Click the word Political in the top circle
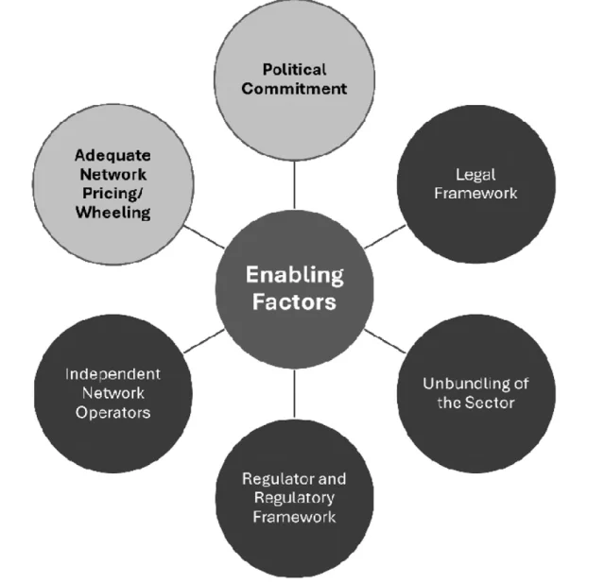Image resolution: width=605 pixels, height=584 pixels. (x=294, y=69)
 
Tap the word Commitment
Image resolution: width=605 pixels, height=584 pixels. (x=294, y=89)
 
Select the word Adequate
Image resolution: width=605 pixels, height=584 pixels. (x=112, y=156)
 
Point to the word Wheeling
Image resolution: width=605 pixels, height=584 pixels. (x=113, y=213)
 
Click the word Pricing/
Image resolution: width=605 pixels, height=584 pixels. (x=112, y=194)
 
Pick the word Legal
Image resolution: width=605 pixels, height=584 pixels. (x=475, y=175)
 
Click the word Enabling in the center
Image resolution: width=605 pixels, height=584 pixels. (x=295, y=275)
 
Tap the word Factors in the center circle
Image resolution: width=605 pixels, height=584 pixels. (x=294, y=301)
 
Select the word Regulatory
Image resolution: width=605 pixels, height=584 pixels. (x=294, y=498)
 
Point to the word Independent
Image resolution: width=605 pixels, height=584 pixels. (x=112, y=374)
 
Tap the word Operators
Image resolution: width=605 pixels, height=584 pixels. (x=113, y=413)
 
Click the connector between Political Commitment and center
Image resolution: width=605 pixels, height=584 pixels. (x=294, y=185)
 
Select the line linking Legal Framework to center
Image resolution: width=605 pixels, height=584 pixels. (x=385, y=237)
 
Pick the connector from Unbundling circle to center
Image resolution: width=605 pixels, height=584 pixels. (x=385, y=341)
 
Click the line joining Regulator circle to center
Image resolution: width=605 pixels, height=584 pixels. (x=294, y=393)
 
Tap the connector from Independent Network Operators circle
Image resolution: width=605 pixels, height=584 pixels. (x=204, y=341)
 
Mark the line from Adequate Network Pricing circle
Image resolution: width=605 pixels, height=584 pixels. (x=204, y=237)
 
